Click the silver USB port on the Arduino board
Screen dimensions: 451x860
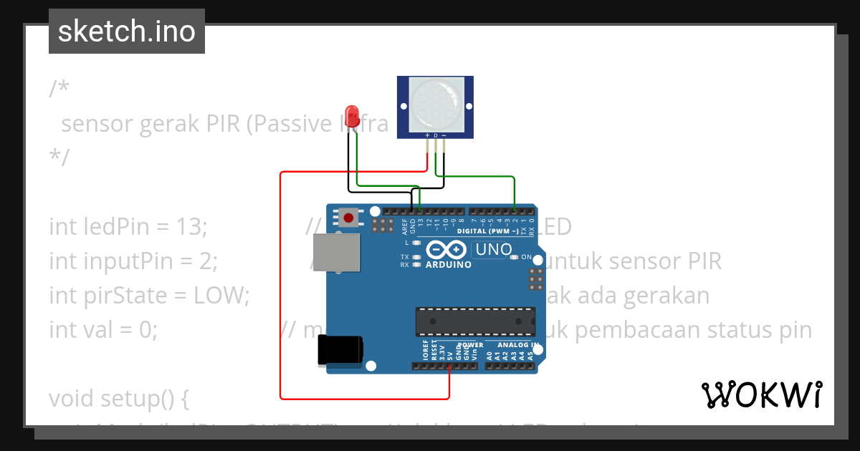(x=336, y=253)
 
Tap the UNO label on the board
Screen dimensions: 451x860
(x=492, y=250)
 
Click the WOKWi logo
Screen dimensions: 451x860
(x=761, y=395)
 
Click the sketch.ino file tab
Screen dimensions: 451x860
(x=127, y=31)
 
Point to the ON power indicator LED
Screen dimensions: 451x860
(x=515, y=257)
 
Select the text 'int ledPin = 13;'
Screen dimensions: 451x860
(x=128, y=227)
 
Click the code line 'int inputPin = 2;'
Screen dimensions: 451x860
(x=133, y=261)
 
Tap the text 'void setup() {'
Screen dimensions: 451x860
(x=119, y=398)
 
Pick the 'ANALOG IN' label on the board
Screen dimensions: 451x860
(x=512, y=345)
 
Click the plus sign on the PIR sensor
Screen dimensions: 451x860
(x=428, y=135)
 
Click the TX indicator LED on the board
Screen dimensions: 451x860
(x=416, y=256)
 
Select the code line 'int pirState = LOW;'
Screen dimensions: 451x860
(x=149, y=296)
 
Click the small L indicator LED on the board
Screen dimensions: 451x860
(x=416, y=243)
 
